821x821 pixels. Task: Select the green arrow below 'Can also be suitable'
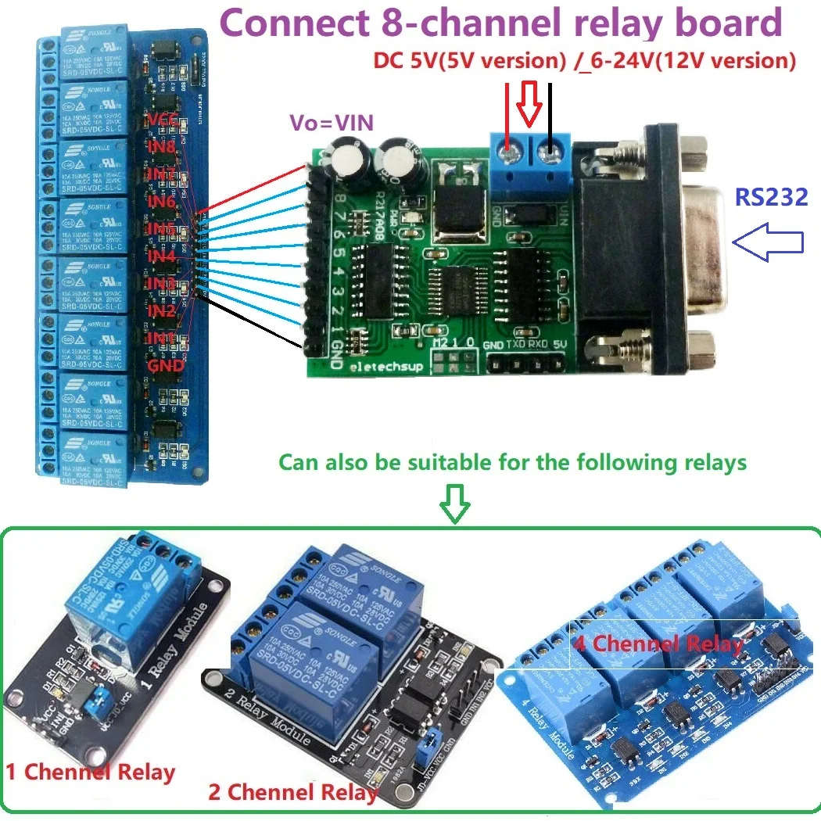pos(455,504)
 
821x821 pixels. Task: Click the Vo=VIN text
pos(332,123)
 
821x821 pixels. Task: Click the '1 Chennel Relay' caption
pos(91,773)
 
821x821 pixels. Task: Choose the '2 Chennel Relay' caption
pos(292,792)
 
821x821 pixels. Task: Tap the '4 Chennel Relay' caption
pos(658,644)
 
